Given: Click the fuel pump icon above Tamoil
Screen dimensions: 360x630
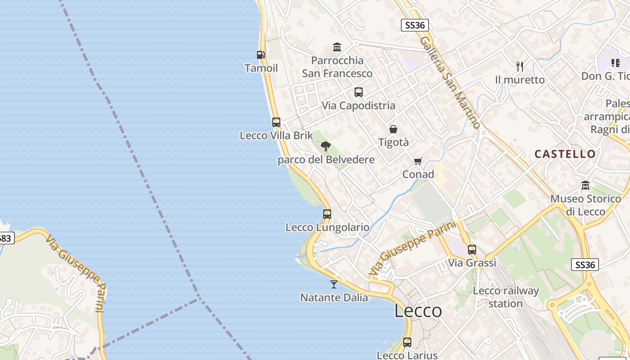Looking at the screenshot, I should click(261, 55).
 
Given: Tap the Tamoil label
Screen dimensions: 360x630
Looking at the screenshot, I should click(261, 68).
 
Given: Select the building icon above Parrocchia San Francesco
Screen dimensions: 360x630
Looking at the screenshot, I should click(337, 47).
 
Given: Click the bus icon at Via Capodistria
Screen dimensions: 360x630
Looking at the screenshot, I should click(358, 92).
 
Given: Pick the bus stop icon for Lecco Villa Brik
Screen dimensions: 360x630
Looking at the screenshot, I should click(276, 122).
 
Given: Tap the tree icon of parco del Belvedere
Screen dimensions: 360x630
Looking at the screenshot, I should click(326, 146).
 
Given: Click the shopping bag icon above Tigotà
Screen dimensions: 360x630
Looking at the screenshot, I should click(393, 129).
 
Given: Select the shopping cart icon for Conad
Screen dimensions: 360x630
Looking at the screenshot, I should click(418, 161).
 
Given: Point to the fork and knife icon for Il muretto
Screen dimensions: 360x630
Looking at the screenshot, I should click(520, 67).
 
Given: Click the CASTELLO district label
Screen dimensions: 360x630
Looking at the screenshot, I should click(565, 154).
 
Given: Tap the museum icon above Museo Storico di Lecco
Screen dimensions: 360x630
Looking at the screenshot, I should click(585, 185).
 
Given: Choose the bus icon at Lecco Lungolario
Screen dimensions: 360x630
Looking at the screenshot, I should click(327, 214).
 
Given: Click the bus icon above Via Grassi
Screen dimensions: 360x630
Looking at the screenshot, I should click(472, 249).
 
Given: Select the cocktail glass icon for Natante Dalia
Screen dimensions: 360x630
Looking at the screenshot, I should click(333, 284).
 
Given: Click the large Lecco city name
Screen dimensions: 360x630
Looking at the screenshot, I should click(418, 310).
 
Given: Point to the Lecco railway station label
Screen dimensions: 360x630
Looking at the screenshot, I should click(505, 297).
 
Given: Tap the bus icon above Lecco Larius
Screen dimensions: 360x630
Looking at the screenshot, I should click(407, 342).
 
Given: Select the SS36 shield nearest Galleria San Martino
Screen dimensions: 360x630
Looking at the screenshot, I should click(414, 25).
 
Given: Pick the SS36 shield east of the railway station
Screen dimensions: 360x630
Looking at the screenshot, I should click(585, 265).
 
